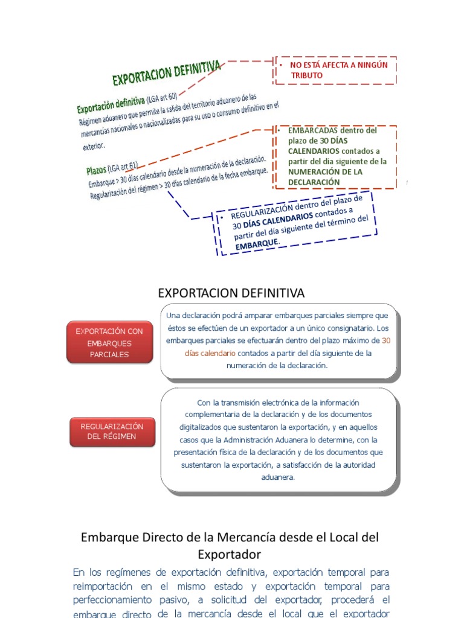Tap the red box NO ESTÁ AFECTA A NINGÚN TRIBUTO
tap(336, 70)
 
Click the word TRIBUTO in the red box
tap(307, 75)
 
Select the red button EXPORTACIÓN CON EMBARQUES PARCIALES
tap(109, 343)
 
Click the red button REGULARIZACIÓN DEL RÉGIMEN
tap(112, 432)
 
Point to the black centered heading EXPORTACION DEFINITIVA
tap(231, 293)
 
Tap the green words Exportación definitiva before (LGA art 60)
tap(111, 104)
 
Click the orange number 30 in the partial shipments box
tap(386, 341)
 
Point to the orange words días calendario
tap(210, 353)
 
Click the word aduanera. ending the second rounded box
tap(278, 477)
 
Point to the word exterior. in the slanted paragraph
tap(94, 145)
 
